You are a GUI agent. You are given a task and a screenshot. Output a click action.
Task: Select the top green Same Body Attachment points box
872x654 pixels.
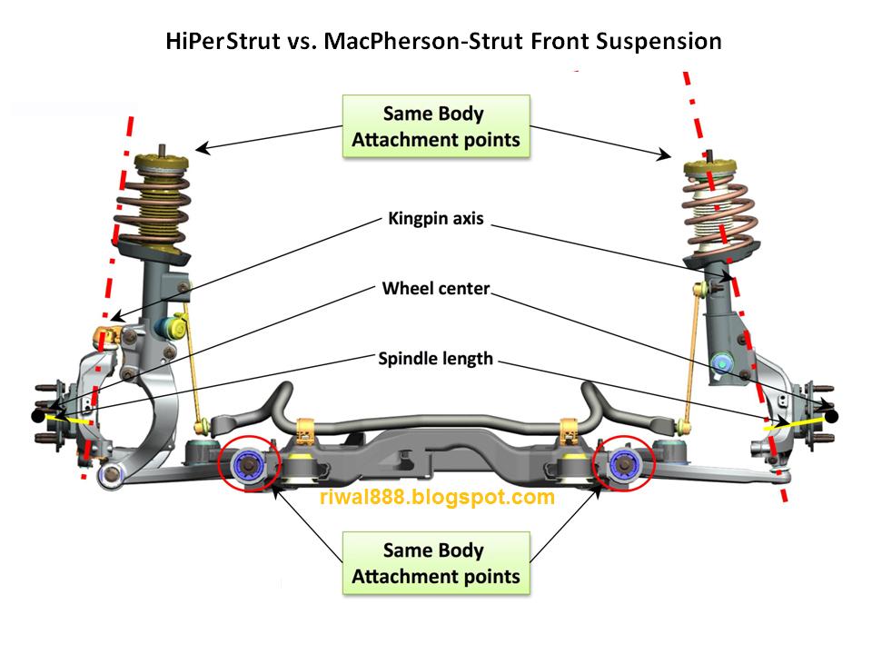pyautogui.click(x=436, y=127)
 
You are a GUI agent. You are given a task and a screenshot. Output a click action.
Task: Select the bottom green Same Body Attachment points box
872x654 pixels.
pyautogui.click(x=436, y=563)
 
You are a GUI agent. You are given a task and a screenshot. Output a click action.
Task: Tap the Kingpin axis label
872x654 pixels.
pyautogui.click(x=437, y=219)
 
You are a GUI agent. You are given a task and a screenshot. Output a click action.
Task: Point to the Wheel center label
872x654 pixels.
pyautogui.click(x=437, y=289)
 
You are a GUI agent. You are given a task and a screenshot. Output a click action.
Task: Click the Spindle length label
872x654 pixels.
pyautogui.click(x=436, y=359)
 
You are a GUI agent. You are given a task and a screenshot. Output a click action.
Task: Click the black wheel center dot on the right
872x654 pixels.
pyautogui.click(x=831, y=416)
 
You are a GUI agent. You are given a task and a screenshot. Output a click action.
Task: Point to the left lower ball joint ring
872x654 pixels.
pyautogui.click(x=111, y=476)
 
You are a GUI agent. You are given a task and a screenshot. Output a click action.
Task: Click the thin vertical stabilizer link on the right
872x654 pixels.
pyautogui.click(x=690, y=354)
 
